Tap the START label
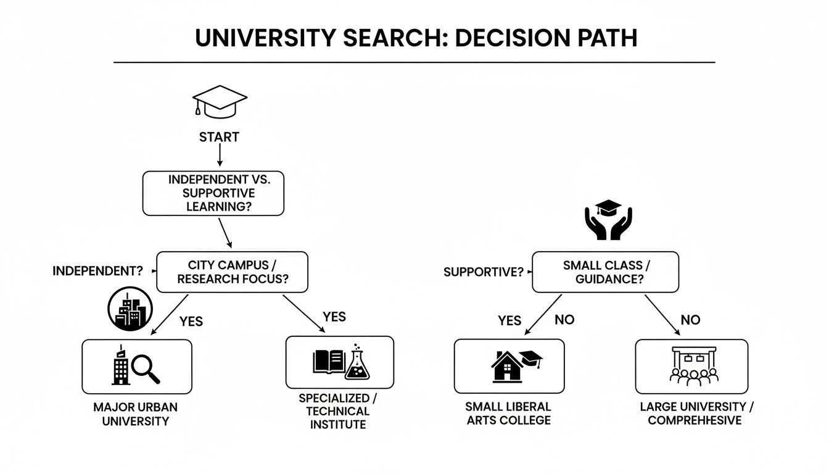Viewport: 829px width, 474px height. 219,137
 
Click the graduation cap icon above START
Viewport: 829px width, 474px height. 220,101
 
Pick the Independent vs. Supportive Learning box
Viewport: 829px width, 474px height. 213,193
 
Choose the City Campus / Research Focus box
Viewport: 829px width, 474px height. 231,272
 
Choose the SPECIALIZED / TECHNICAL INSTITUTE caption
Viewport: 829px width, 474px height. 339,411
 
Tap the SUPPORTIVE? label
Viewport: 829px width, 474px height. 483,272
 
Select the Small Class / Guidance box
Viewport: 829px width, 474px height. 605,272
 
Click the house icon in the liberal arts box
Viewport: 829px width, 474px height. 507,366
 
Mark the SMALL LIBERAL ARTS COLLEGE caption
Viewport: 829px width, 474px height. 508,414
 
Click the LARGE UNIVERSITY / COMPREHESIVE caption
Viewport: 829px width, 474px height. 696,414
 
